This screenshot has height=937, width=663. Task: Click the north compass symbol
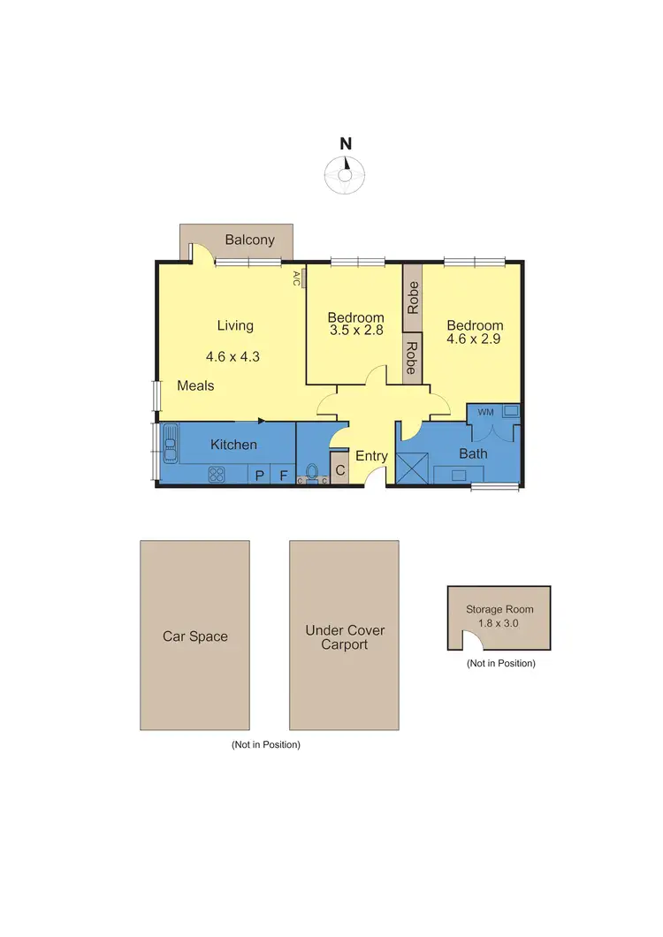[346, 172]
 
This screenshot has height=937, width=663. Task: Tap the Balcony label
[249, 240]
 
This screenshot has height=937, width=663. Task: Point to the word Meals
[195, 385]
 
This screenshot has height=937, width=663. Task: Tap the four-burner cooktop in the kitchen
[217, 475]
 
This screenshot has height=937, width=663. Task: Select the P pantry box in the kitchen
[260, 476]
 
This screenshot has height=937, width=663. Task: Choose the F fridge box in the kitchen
[284, 476]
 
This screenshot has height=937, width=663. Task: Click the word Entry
[371, 456]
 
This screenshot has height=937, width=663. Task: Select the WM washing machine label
[484, 412]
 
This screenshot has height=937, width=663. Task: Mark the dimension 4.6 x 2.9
[475, 338]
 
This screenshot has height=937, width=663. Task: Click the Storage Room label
[499, 609]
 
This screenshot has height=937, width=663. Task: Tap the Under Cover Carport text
[345, 637]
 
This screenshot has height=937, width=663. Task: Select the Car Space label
[194, 636]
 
